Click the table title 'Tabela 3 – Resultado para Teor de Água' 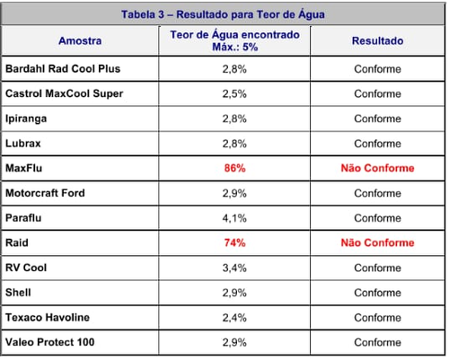[223, 14]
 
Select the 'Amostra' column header [80, 40]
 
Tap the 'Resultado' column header [377, 40]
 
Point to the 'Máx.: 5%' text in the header [235, 47]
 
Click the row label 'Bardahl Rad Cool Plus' [63, 69]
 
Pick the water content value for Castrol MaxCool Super [234, 94]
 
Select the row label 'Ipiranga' [26, 119]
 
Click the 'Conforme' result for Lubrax [377, 144]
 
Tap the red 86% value [235, 168]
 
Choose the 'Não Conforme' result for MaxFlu [377, 168]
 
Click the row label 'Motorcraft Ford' [45, 193]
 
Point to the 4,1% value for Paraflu [234, 218]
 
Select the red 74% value [235, 242]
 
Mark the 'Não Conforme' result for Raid [377, 242]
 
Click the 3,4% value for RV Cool [234, 268]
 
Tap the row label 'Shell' [18, 293]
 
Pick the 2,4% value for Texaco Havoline [234, 318]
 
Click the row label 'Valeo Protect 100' [50, 342]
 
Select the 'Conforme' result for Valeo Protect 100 [377, 342]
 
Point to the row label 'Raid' [17, 242]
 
